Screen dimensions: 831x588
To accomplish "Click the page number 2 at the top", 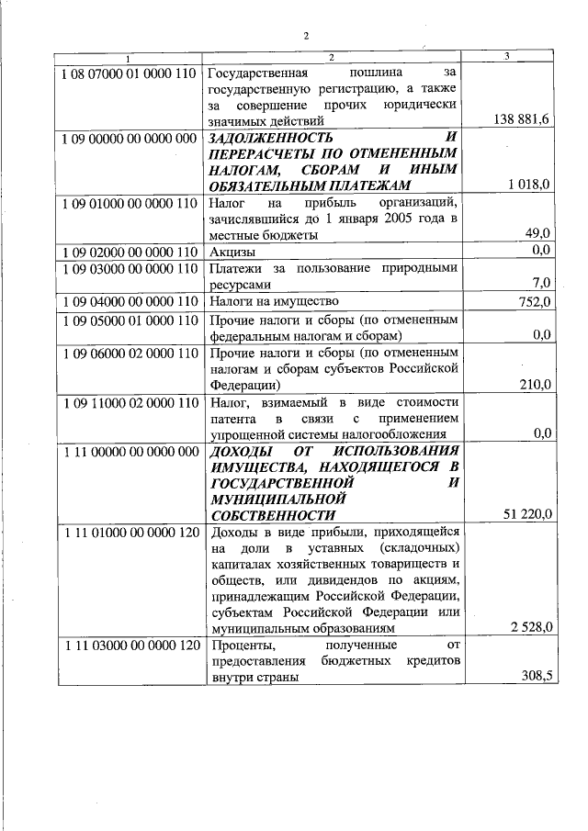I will [x=307, y=36].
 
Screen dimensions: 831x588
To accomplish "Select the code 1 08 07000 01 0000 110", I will [x=129, y=71].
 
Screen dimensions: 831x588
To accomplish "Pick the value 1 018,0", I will [x=528, y=185].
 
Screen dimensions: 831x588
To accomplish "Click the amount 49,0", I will [x=537, y=234].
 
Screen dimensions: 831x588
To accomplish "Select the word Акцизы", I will [x=230, y=252].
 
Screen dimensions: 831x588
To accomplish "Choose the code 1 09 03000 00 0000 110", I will [x=129, y=268].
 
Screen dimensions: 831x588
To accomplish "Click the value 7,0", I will [x=540, y=284].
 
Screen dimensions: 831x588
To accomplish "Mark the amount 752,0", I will [x=534, y=301].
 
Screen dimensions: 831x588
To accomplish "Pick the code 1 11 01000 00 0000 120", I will [x=129, y=533].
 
